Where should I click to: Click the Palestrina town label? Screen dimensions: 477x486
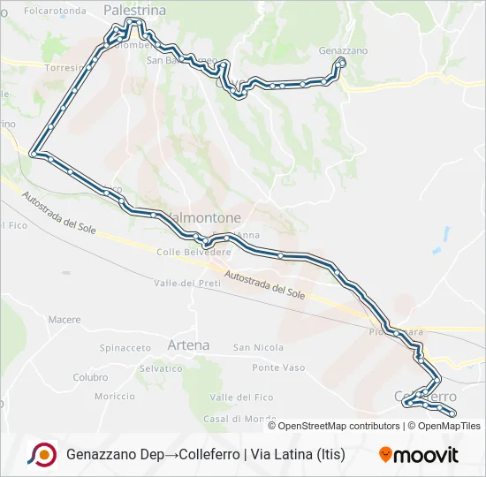(x=134, y=9)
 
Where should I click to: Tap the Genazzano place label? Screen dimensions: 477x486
(x=343, y=50)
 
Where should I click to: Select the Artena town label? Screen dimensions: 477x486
(x=188, y=344)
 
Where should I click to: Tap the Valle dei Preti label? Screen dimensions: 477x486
(x=186, y=283)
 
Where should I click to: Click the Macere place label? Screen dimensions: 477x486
(x=65, y=320)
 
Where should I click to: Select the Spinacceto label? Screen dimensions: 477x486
(x=125, y=348)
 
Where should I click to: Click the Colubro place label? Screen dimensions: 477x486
(x=90, y=377)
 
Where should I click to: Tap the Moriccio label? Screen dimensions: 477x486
(x=115, y=397)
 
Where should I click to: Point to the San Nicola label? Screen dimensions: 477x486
(x=258, y=348)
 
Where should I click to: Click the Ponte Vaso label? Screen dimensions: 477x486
(x=278, y=367)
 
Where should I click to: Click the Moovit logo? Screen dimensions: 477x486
(x=419, y=455)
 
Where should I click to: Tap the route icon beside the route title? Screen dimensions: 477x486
(x=42, y=455)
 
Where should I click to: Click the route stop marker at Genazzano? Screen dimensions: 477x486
(x=340, y=63)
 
